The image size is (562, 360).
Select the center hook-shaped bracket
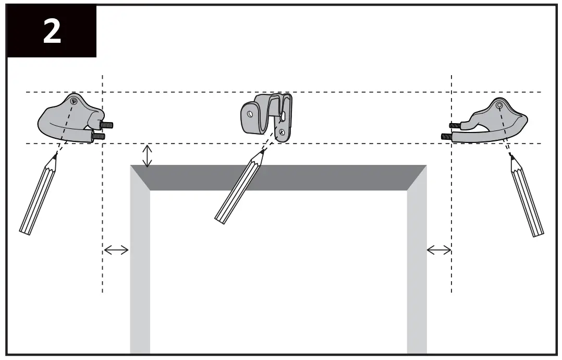click(267, 117)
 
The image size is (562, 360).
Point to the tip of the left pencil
click(55, 155)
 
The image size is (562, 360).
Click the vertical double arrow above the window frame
click(148, 155)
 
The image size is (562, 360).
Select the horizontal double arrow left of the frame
click(116, 250)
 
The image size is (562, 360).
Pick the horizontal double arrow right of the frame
click(439, 250)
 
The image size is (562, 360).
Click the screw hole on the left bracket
click(74, 101)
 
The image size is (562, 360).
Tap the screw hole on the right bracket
click(499, 106)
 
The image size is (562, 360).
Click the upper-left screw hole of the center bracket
click(250, 112)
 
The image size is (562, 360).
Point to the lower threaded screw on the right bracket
click(447, 137)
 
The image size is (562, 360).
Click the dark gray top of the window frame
click(278, 177)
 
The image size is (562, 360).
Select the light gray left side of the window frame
click(140, 271)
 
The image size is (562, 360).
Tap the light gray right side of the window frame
click(417, 271)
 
